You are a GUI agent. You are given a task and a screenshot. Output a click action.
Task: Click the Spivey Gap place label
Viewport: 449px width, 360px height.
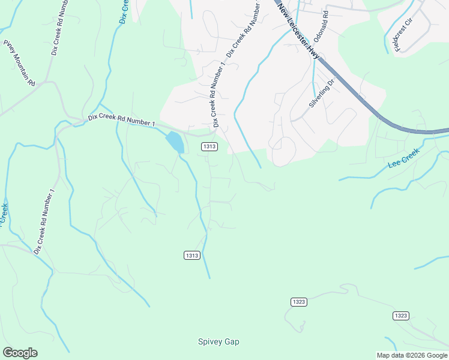pyautogui.click(x=218, y=342)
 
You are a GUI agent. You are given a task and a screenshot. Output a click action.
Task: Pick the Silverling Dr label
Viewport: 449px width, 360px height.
pyautogui.click(x=321, y=92)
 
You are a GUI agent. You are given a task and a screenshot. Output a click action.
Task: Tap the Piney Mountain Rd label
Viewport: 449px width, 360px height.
pyautogui.click(x=19, y=62)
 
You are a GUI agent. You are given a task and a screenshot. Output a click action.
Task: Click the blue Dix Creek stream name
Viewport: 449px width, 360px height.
pyautogui.click(x=124, y=11)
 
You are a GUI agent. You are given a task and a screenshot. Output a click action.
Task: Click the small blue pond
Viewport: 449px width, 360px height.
pyautogui.click(x=175, y=142)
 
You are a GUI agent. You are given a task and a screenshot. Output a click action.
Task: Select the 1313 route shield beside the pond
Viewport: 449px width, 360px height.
pyautogui.click(x=209, y=146)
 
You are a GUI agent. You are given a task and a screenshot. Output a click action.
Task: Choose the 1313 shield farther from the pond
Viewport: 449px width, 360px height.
pyautogui.click(x=191, y=256)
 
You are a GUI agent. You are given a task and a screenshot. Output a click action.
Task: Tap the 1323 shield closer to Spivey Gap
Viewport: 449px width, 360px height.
pyautogui.click(x=299, y=301)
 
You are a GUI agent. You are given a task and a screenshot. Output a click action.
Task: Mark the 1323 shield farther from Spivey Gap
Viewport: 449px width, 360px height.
pyautogui.click(x=402, y=316)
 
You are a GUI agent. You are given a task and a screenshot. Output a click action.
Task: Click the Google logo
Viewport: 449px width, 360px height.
pyautogui.click(x=20, y=353)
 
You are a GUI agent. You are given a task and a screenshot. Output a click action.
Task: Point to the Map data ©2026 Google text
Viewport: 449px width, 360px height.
pyautogui.click(x=412, y=355)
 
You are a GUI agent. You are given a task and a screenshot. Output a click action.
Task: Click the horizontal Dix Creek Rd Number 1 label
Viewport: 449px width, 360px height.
pyautogui.click(x=122, y=120)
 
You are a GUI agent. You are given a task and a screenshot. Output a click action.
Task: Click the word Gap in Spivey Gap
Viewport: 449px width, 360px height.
pyautogui.click(x=232, y=342)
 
